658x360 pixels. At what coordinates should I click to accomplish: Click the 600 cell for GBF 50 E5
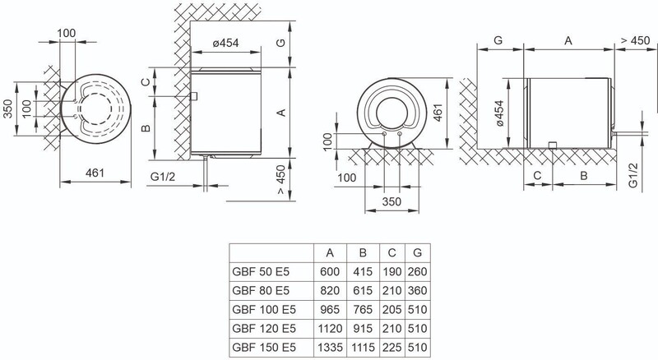pos(330,270)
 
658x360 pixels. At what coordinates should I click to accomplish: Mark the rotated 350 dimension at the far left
pos(8,108)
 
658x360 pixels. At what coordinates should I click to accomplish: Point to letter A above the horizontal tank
pos(568,39)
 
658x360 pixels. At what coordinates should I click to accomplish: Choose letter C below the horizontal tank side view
pos(537,176)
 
